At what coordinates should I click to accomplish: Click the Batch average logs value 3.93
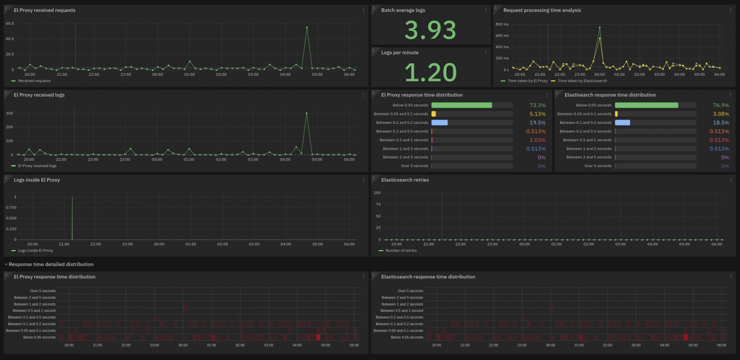tap(431, 30)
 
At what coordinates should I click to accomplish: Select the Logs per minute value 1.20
tap(431, 72)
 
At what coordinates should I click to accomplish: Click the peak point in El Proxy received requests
tap(307, 27)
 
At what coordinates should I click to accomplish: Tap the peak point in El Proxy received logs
tap(307, 113)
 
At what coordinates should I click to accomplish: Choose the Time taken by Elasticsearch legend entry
tap(582, 81)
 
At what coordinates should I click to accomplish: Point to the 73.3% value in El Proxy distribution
tap(537, 105)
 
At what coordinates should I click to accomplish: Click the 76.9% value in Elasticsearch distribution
tap(721, 105)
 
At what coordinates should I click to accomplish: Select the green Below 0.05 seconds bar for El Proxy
tap(461, 105)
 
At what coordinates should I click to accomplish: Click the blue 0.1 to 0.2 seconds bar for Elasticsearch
tap(622, 123)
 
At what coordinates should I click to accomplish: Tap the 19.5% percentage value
tap(537, 123)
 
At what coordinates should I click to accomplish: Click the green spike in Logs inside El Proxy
tap(72, 219)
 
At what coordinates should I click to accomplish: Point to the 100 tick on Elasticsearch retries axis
tap(377, 193)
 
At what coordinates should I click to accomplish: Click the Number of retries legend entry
tap(399, 251)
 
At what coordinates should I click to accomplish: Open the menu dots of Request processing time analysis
tap(730, 10)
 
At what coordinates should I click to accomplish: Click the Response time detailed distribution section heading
tap(51, 264)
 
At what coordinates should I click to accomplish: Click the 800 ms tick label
tap(502, 25)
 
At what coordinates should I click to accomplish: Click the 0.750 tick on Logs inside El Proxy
tap(26, 208)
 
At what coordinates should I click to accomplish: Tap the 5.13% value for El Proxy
tap(537, 114)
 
